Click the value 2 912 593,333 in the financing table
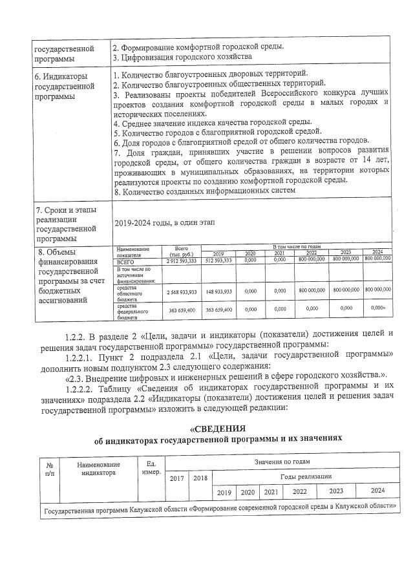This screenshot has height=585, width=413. (181, 261)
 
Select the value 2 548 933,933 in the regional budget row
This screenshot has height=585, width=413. (181, 291)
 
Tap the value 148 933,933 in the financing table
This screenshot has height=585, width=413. (218, 291)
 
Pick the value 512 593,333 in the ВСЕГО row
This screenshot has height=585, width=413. (218, 261)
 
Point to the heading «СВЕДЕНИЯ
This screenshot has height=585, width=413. (217, 429)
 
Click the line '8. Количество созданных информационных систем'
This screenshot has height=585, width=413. (204, 190)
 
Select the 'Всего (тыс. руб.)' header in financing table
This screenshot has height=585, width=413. (181, 251)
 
